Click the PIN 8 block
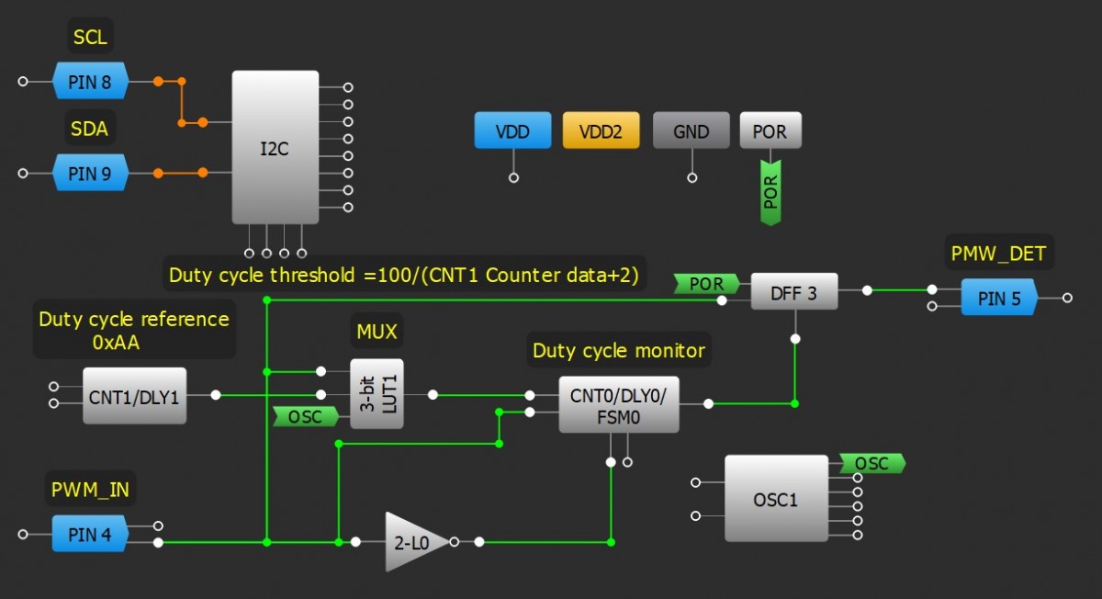point(89,82)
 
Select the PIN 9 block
point(89,173)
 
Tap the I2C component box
point(275,148)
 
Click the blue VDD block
point(512,131)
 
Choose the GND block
point(691,131)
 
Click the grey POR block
point(770,131)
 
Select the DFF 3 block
point(794,292)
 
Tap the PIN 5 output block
point(998,298)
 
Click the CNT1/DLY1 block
point(134,396)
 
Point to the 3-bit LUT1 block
point(377,394)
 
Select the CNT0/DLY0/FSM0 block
point(618,404)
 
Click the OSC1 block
point(775,499)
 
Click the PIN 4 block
point(89,534)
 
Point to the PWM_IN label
point(89,490)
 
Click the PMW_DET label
point(998,253)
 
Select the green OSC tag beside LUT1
point(306,417)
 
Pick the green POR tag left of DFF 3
point(705,285)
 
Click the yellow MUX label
point(377,330)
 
